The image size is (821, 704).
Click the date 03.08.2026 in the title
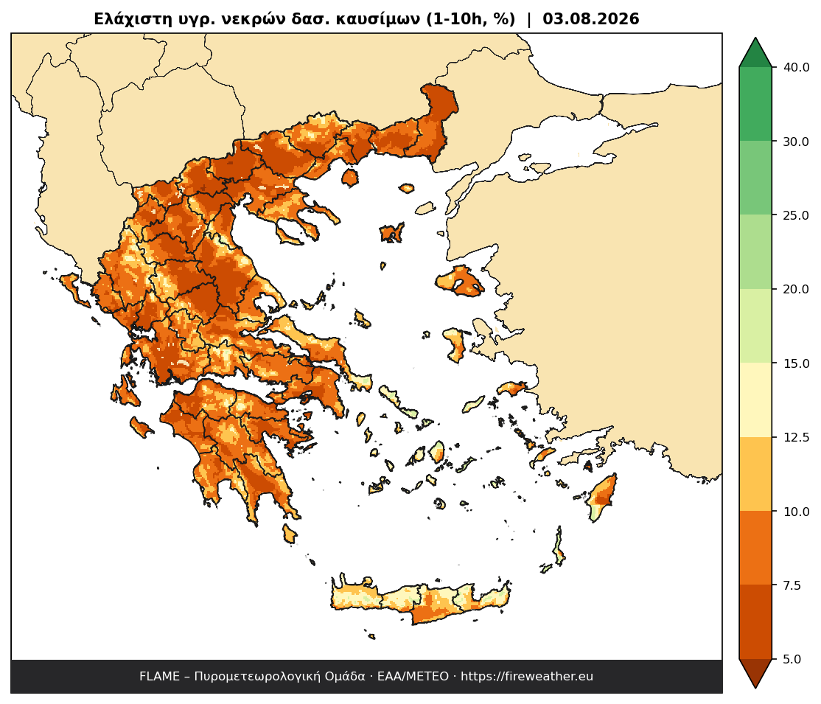tap(590, 19)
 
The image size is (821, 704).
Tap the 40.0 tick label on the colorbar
tap(796, 68)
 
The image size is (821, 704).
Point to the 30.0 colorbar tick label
tap(796, 142)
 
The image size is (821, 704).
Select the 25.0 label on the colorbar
tap(796, 215)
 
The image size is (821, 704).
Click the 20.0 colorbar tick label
tap(796, 289)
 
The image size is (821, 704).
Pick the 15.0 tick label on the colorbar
tap(796, 363)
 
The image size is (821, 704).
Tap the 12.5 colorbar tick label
tap(796, 437)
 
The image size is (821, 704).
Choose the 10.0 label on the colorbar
tap(796, 512)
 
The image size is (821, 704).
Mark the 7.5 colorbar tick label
tap(792, 585)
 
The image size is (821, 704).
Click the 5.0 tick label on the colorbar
tap(792, 659)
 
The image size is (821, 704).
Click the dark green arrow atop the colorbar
tap(755, 53)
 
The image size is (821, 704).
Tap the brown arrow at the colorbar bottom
tap(755, 673)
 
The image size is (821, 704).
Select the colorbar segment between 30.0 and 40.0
tap(755, 104)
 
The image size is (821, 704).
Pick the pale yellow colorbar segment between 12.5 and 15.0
tap(755, 400)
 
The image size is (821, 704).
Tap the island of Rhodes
tap(601, 497)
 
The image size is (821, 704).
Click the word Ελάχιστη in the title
tap(126, 19)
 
